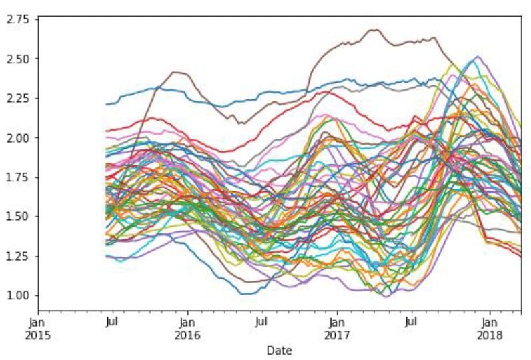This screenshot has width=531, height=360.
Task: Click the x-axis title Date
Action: (x=278, y=350)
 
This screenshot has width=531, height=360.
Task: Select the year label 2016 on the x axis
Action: (x=187, y=335)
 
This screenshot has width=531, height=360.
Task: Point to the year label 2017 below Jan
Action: (x=337, y=335)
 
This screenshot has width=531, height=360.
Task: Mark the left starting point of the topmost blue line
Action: (x=107, y=104)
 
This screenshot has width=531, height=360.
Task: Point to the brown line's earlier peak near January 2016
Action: (x=175, y=72)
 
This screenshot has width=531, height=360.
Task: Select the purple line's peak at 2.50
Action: (x=478, y=57)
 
